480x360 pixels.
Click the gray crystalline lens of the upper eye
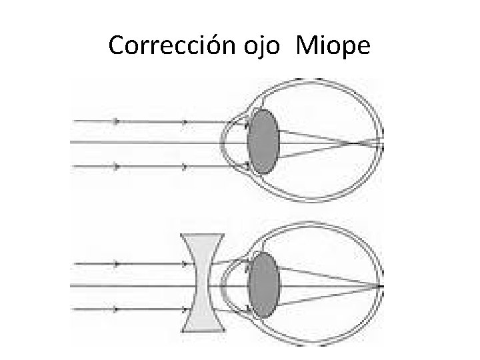(x=263, y=142)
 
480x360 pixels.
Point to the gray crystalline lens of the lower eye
(x=263, y=285)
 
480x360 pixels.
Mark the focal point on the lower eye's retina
(x=383, y=285)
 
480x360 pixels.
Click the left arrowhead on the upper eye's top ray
(x=117, y=121)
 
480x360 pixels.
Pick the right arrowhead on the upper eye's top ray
(x=185, y=121)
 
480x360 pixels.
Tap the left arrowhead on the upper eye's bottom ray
(x=117, y=166)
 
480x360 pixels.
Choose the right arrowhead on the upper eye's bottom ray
(x=185, y=166)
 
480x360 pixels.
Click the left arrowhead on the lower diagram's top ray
(x=117, y=264)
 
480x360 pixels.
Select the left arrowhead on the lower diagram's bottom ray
(x=117, y=309)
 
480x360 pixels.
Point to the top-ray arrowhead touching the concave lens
(x=185, y=264)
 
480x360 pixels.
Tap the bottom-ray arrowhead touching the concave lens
(x=185, y=309)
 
